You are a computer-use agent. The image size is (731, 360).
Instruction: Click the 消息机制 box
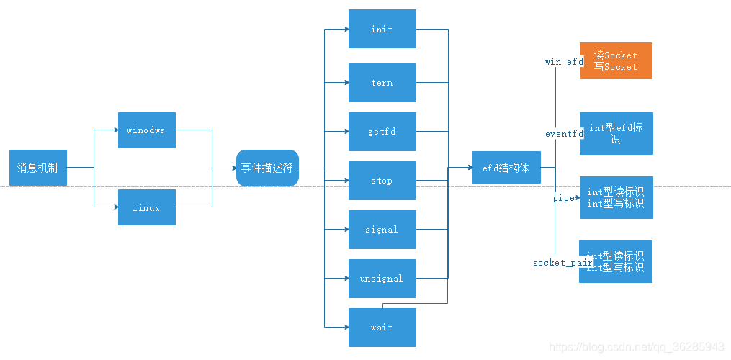point(38,168)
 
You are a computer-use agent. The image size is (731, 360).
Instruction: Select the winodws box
point(147,130)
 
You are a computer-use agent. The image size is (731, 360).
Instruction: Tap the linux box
point(147,207)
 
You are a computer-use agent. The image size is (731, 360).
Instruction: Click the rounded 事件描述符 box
point(267,168)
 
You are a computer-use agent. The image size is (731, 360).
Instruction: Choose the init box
point(382,30)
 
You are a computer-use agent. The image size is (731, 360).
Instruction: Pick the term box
point(382,83)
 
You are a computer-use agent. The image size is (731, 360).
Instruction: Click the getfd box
point(382,132)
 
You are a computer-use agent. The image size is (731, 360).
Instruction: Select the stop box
point(382,181)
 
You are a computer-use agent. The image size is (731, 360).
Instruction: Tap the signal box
point(382,230)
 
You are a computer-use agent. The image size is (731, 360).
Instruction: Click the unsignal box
point(382,279)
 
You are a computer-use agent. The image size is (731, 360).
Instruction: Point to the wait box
point(382,328)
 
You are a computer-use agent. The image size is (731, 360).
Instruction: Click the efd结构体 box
point(506,168)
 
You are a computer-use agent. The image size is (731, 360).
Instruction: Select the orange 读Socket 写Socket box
point(616,60)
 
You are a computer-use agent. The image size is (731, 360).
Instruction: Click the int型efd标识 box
point(616,133)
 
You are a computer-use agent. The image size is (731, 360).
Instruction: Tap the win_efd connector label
point(564,62)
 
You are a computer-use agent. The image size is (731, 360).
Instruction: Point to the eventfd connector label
point(564,134)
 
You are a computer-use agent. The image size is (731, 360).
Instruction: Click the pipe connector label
point(563,197)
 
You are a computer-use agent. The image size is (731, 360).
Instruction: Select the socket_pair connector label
point(562,263)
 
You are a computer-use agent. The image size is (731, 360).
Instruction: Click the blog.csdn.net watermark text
point(637,346)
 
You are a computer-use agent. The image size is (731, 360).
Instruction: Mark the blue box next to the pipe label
point(616,197)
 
